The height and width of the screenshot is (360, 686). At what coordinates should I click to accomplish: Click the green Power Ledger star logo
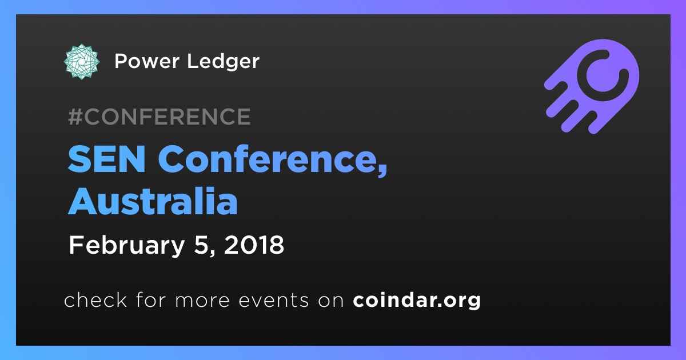pyautogui.click(x=82, y=62)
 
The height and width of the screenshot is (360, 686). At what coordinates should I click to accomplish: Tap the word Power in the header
pyautogui.click(x=147, y=61)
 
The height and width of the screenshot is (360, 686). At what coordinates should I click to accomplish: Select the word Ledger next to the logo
pyautogui.click(x=224, y=62)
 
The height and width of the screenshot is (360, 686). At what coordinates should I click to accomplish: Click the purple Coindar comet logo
pyautogui.click(x=592, y=87)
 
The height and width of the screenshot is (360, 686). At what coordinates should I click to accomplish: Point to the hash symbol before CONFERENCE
pyautogui.click(x=75, y=117)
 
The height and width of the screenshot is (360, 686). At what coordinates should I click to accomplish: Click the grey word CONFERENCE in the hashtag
pyautogui.click(x=167, y=117)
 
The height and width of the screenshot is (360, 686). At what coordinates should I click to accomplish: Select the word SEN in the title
pyautogui.click(x=106, y=159)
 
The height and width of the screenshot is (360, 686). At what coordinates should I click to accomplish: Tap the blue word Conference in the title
pyautogui.click(x=266, y=159)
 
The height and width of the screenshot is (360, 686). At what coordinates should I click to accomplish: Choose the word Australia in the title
pyautogui.click(x=153, y=201)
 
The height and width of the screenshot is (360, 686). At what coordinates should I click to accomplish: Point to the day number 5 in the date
pyautogui.click(x=200, y=245)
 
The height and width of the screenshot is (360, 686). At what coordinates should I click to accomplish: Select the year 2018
pyautogui.click(x=254, y=245)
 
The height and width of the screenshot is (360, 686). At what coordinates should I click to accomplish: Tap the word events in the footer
pyautogui.click(x=274, y=301)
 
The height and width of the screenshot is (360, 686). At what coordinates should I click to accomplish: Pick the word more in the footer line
pyautogui.click(x=202, y=301)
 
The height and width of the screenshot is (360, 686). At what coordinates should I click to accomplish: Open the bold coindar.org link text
pyautogui.click(x=417, y=300)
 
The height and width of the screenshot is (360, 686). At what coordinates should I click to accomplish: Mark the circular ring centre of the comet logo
pyautogui.click(x=603, y=75)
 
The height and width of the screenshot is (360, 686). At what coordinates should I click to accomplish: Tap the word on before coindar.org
pyautogui.click(x=331, y=301)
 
